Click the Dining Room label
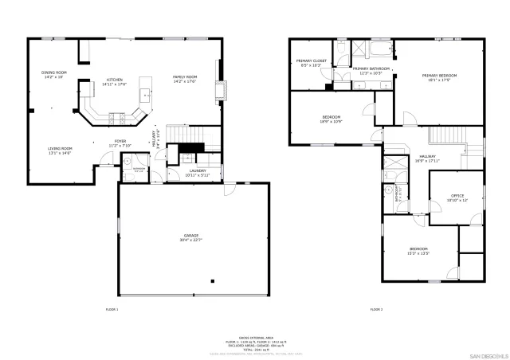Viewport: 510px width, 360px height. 54,75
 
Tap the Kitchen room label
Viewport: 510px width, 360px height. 116,81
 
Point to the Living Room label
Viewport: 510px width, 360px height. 60,150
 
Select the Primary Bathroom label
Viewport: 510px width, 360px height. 371,70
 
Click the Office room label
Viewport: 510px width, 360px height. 457,198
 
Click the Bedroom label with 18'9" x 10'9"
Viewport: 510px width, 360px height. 331,119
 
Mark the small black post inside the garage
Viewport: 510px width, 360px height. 213,281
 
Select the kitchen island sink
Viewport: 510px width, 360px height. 146,94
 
